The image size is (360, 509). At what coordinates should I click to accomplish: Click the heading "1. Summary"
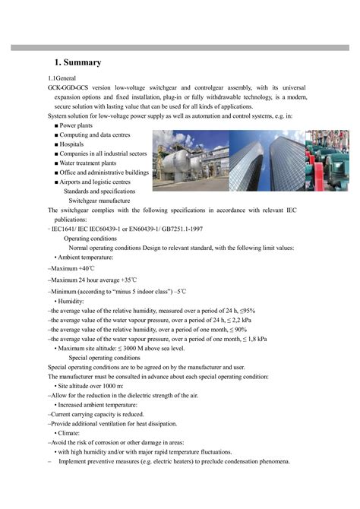click(x=78, y=62)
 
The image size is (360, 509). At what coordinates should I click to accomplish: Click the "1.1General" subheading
click(x=62, y=79)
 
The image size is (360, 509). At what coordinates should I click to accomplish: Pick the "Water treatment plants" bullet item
click(x=90, y=163)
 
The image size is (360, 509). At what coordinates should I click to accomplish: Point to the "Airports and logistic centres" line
click(x=95, y=182)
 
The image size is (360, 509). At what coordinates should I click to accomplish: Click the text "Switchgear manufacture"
click(x=103, y=201)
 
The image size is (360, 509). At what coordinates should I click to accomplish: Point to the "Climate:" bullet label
click(x=77, y=433)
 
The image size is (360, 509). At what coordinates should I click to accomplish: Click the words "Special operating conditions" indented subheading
click(x=104, y=357)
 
